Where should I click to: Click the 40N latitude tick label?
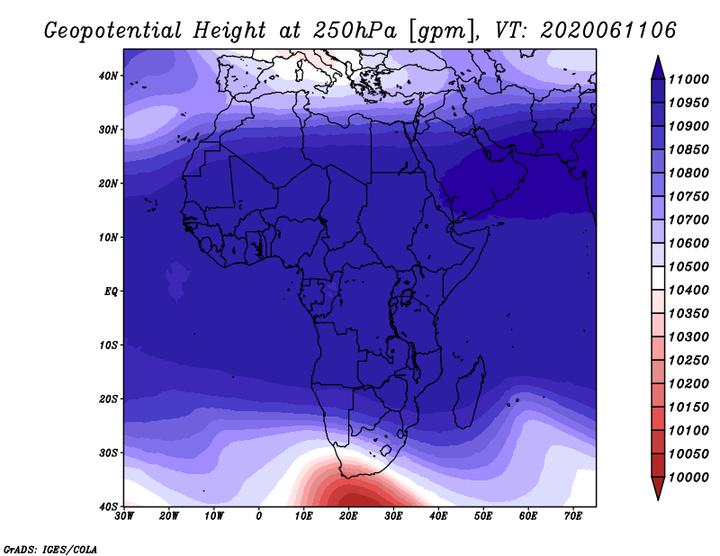pos(108,76)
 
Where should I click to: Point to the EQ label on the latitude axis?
pos(111,291)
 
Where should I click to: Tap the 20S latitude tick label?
pos(108,399)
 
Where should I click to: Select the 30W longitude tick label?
pos(124,516)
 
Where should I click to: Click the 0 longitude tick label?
pos(259,516)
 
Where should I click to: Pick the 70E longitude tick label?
pos(573,516)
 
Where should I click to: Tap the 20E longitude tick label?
pos(348,516)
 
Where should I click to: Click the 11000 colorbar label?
pos(688,79)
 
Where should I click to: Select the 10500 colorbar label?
pos(688,266)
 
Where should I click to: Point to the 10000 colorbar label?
pos(688,478)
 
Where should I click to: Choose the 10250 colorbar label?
pos(688,361)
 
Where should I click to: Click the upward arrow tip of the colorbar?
pos(658,56)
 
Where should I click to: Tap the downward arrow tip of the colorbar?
pos(658,499)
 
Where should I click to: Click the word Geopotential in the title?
pos(113,31)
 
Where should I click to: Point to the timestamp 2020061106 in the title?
pos(608,31)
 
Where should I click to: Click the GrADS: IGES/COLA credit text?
pos(50,549)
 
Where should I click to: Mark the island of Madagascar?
pos(469,392)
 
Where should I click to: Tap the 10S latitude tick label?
pos(108,345)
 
